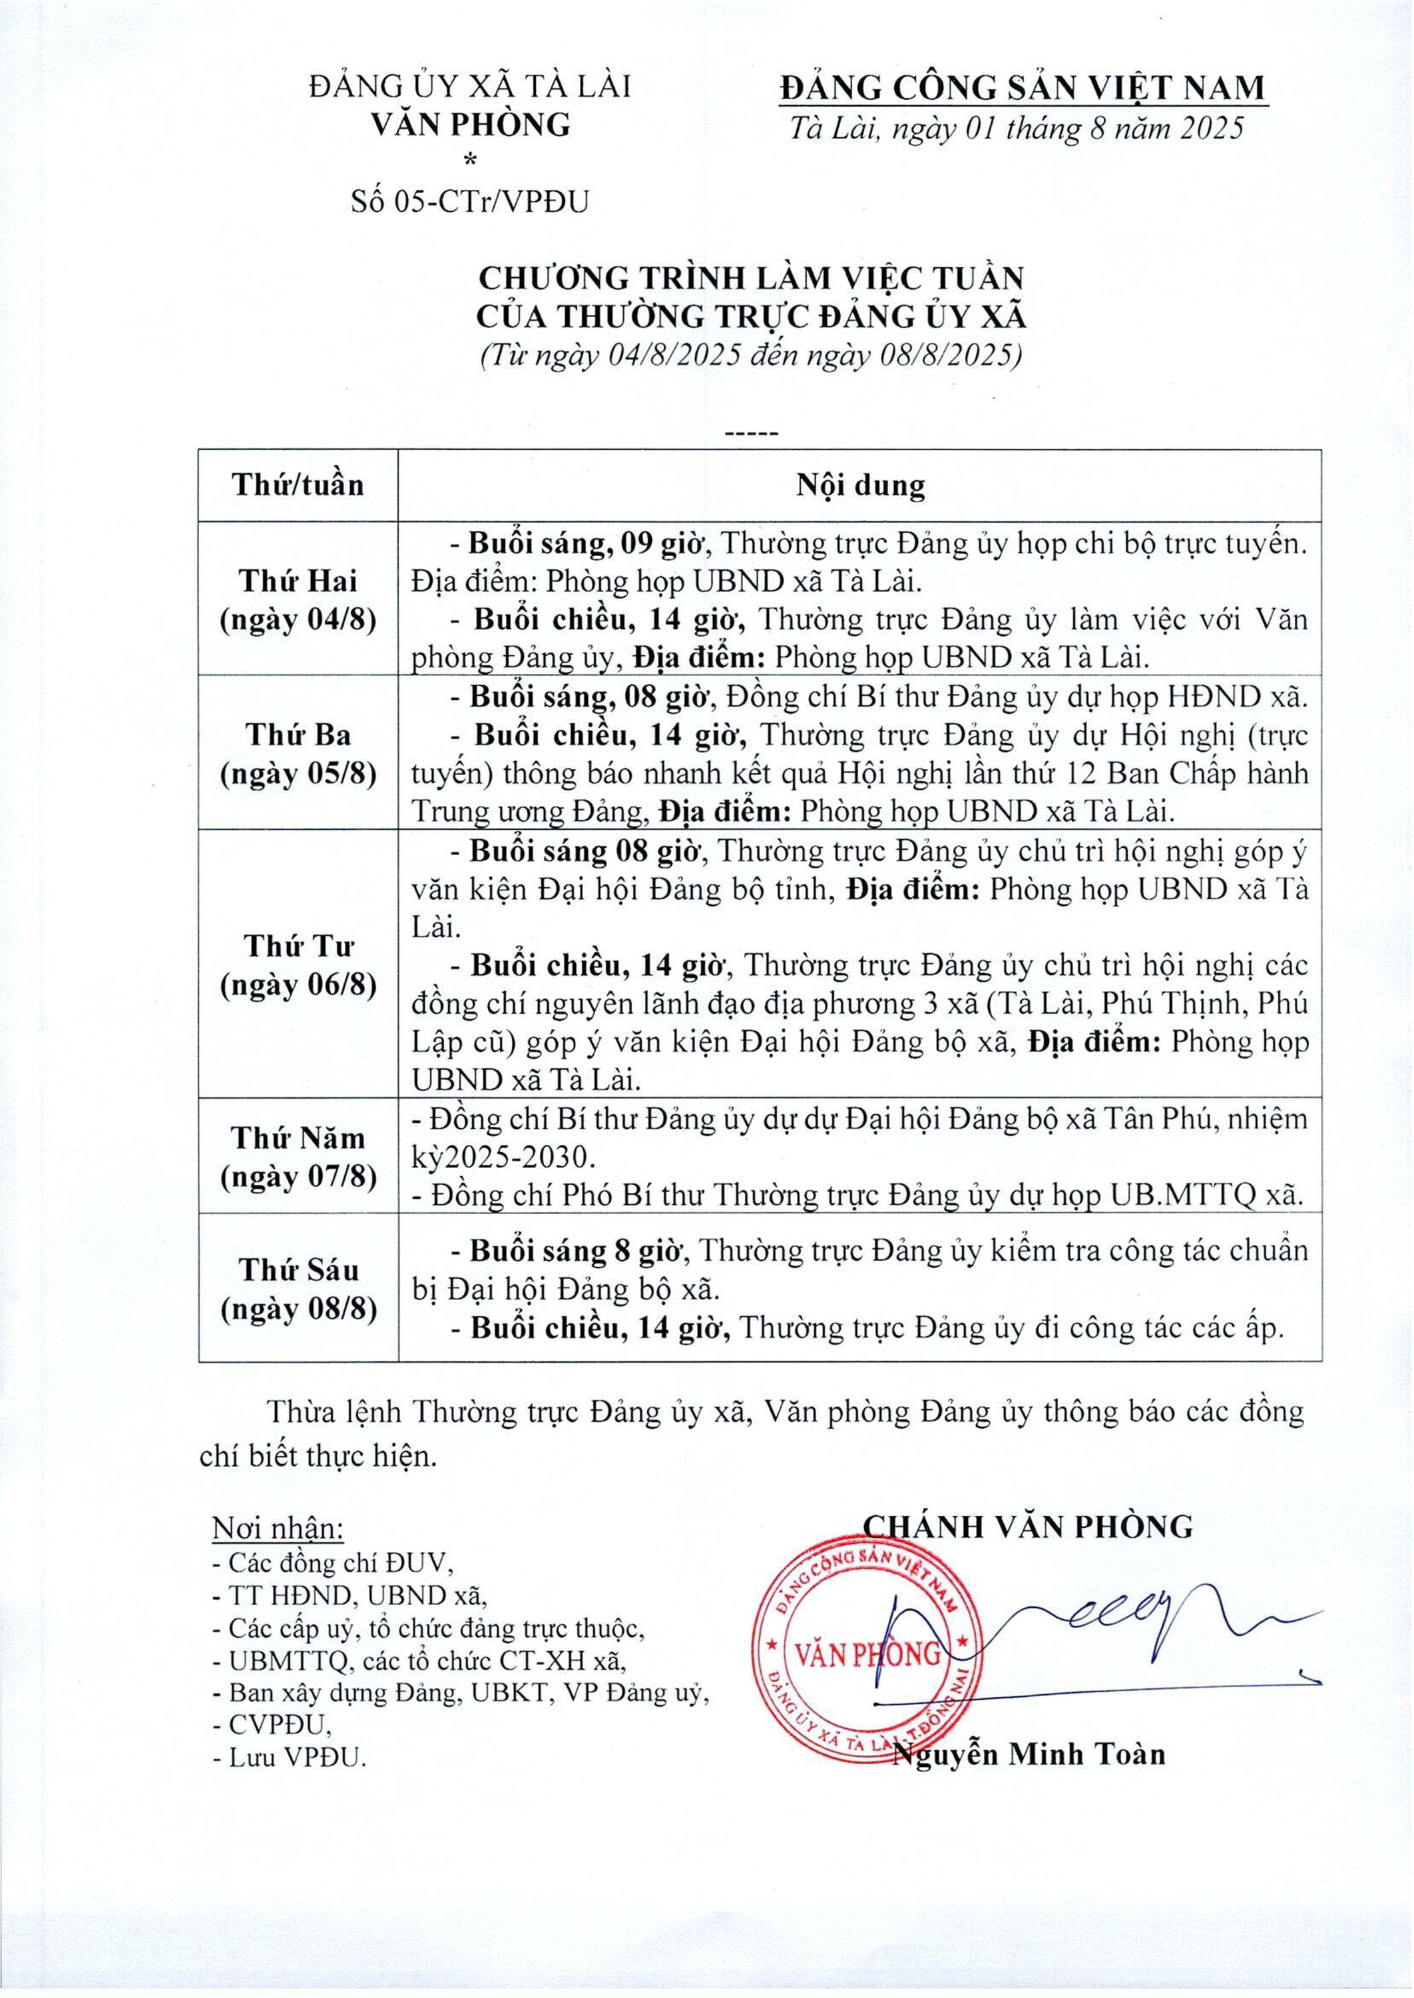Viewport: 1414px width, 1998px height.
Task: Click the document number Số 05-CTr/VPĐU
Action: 470,202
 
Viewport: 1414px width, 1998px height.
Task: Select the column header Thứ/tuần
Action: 298,485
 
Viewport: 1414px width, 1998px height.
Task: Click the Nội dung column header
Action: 859,485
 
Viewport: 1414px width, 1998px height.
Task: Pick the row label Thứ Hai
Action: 298,580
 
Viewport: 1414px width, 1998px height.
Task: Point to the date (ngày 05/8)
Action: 298,773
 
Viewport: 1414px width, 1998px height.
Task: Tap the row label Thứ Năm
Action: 298,1138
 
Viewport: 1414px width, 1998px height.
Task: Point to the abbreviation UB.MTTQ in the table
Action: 1180,1196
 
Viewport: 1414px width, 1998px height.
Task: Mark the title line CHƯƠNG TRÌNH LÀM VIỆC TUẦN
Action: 750,278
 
